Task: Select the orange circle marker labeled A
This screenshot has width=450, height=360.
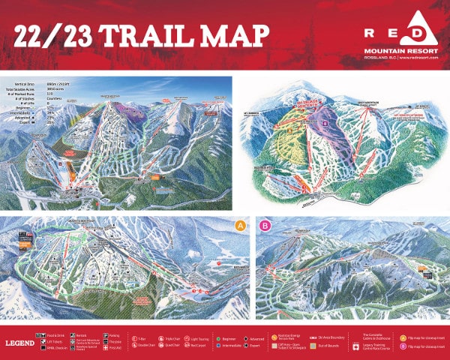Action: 240,225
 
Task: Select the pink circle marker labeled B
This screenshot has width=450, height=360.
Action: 263,225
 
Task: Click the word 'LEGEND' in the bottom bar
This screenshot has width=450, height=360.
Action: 19,342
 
